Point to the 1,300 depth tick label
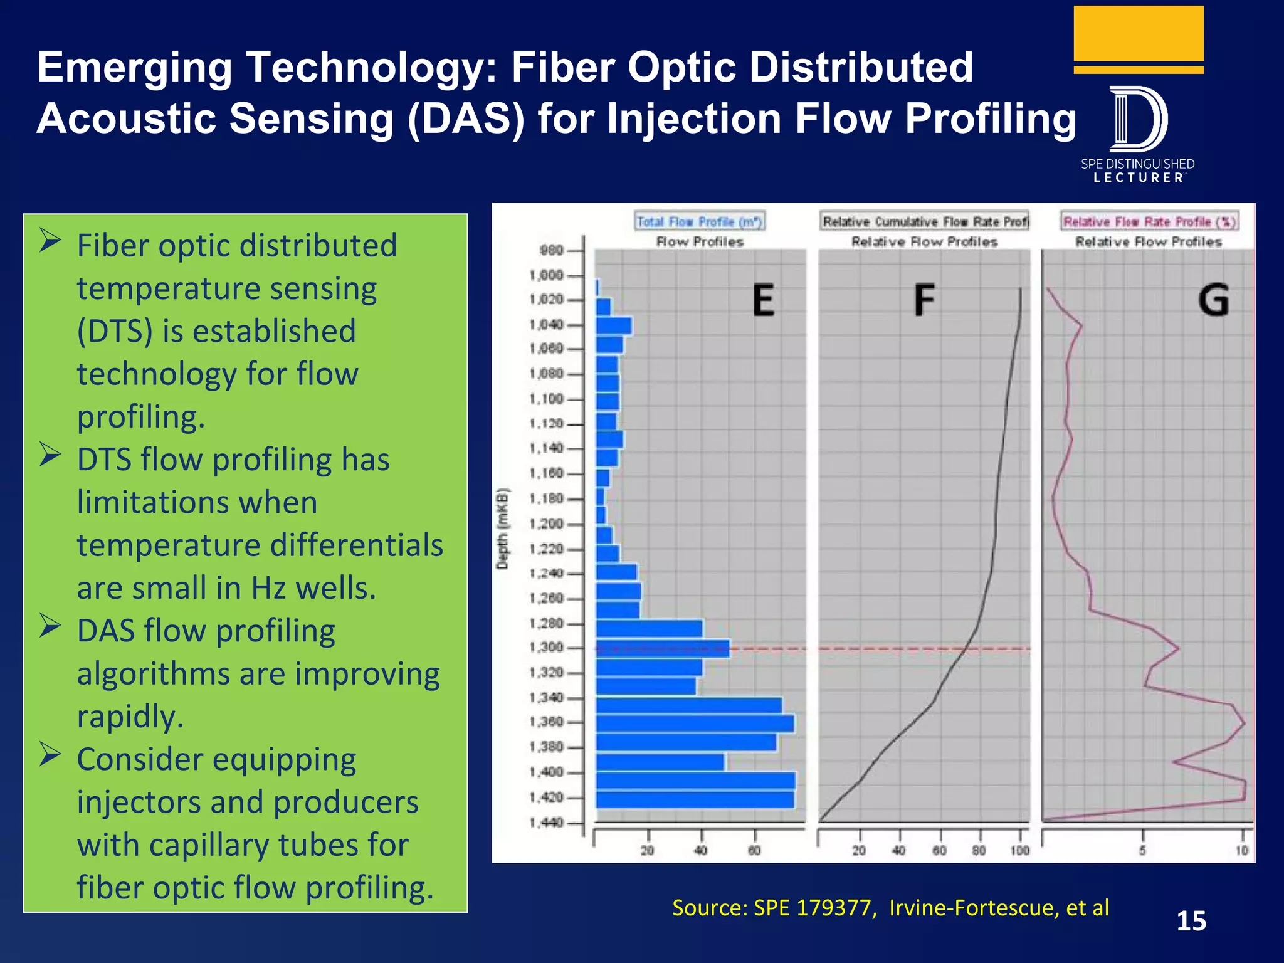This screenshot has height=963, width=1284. [546, 647]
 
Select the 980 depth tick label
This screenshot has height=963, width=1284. [551, 250]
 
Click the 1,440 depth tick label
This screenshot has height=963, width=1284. [546, 822]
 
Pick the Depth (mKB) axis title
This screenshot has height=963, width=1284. [502, 529]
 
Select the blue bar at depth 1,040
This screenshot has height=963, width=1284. [614, 325]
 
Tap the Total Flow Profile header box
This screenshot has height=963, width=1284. [699, 221]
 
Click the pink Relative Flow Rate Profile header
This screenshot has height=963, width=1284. [1149, 221]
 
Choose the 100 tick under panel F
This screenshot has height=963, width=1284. [1019, 851]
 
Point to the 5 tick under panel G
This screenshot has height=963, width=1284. [1142, 851]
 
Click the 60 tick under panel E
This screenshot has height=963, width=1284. [754, 851]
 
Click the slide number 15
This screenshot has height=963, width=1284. [1191, 921]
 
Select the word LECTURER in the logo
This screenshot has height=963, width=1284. [1139, 178]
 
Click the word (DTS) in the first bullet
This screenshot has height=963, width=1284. [114, 331]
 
